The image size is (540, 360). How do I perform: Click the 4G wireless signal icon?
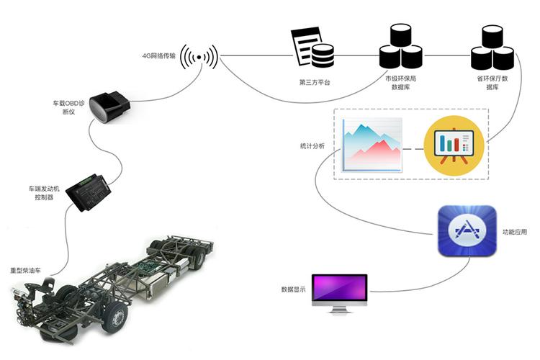199,55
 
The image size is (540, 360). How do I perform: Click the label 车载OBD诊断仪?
71,107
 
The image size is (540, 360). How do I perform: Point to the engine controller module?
87,191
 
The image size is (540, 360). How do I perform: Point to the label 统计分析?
312,146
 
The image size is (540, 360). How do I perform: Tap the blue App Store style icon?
467,230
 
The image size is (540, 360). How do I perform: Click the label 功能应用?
515,233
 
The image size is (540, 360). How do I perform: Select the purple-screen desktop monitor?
339,292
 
